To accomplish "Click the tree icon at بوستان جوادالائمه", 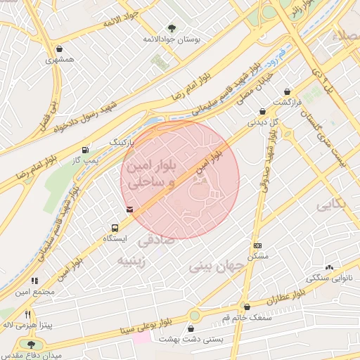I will (x=172, y=29).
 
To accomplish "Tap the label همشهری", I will (x=60, y=60).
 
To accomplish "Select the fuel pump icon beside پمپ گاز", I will (x=85, y=149).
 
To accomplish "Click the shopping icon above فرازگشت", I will (x=287, y=91).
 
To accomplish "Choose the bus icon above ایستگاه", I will (x=114, y=228).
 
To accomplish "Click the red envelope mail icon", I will (x=129, y=209).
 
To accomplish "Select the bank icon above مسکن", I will (x=257, y=245).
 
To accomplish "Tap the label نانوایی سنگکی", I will (x=329, y=278).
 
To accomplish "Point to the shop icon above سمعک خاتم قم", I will (x=246, y=307).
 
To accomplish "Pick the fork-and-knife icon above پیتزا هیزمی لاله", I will (x=28, y=314).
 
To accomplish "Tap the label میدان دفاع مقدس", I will (x=30, y=354).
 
